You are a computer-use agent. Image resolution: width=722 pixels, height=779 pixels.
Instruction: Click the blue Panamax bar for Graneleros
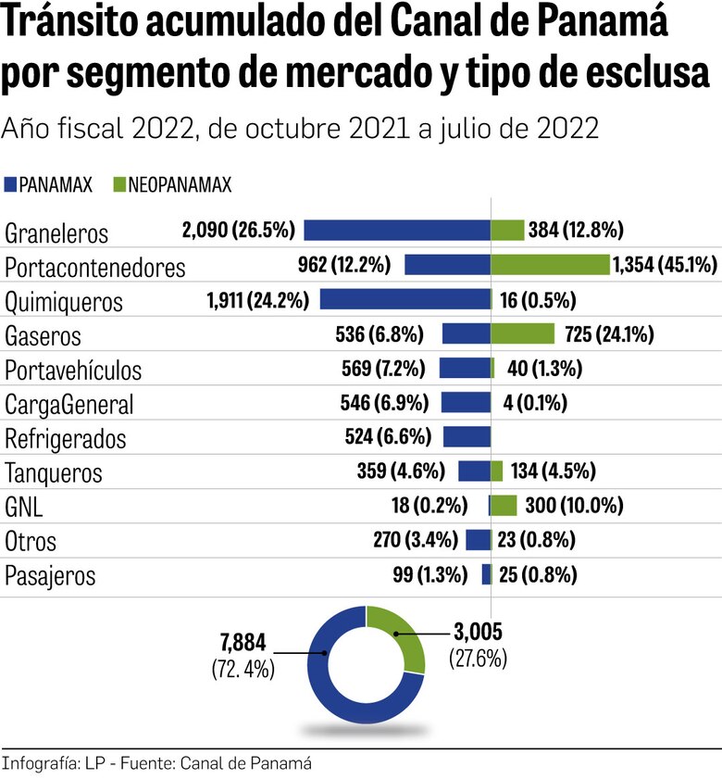[397, 231]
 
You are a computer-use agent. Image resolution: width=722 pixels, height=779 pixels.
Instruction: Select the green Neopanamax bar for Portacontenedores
[550, 265]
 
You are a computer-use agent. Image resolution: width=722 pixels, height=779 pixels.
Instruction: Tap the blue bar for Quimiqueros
[405, 299]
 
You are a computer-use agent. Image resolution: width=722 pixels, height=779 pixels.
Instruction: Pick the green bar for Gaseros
[522, 333]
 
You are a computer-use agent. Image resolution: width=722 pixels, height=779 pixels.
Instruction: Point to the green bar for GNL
[504, 506]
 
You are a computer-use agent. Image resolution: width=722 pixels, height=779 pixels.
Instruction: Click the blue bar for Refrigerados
[467, 437]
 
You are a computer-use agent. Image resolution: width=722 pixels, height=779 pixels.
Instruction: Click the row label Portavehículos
[73, 371]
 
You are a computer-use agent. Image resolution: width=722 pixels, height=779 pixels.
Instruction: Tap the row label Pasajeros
[50, 575]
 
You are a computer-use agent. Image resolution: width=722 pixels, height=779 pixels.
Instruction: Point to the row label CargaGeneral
[69, 405]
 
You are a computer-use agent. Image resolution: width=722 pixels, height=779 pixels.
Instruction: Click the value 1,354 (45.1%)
[665, 266]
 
